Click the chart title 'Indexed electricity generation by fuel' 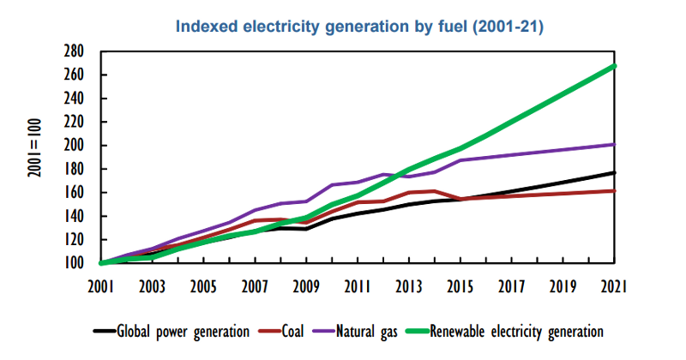click(x=359, y=27)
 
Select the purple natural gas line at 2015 click(x=461, y=160)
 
